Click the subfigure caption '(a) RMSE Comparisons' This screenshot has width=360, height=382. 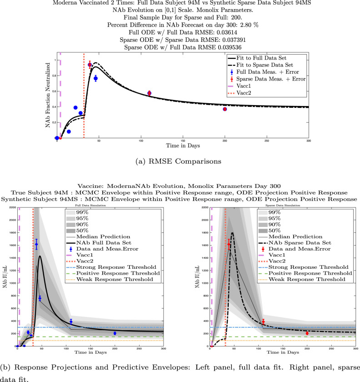click(x=180, y=160)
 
